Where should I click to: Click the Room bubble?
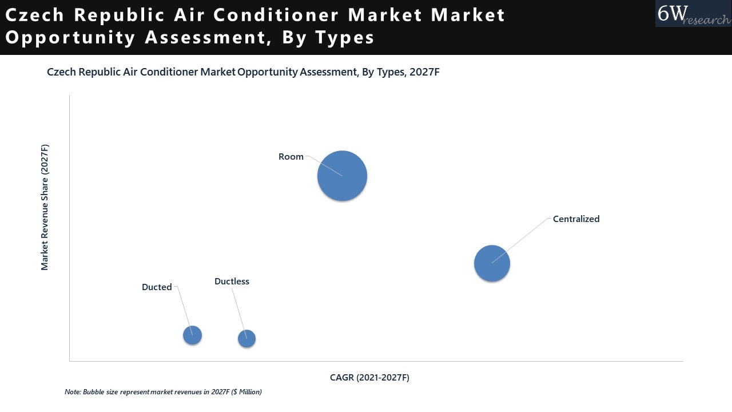point(342,176)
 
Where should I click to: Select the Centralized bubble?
point(492,263)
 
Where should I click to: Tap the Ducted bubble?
point(192,335)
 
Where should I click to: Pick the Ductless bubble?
point(246,338)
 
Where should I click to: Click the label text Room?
point(291,157)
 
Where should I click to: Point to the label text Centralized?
point(576,219)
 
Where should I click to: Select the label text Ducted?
point(157,287)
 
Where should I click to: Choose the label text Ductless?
point(232,282)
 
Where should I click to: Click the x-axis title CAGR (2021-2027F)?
point(369,378)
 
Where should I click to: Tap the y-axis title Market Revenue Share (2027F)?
point(45,207)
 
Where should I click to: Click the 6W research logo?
point(693,14)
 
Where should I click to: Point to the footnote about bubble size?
point(163,392)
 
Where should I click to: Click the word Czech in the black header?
point(35,15)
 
